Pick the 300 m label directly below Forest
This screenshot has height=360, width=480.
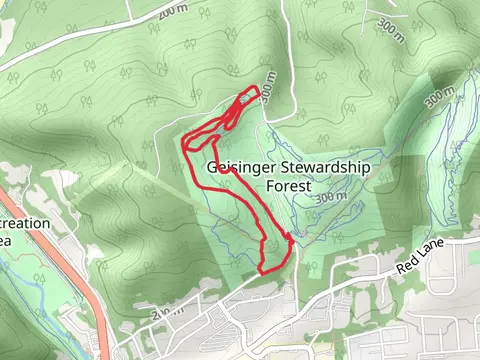(329, 199)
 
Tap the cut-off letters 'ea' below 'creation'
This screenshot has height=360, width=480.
(5, 240)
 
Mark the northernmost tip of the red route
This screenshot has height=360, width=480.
(258, 88)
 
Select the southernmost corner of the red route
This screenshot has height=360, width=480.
(261, 271)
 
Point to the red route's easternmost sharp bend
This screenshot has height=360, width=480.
(292, 238)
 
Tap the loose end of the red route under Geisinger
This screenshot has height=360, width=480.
(231, 171)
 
